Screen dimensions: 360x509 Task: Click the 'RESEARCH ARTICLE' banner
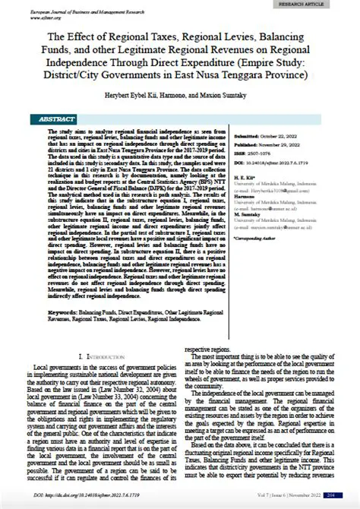tap(312, 5)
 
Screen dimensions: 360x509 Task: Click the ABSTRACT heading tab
tap(56, 119)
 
